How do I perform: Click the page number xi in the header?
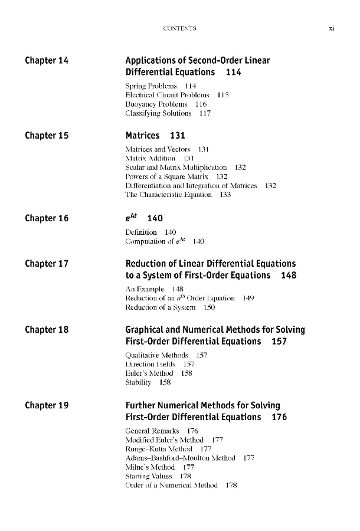[x=332, y=28]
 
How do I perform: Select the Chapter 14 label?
[x=47, y=60]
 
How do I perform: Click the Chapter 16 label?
[x=47, y=218]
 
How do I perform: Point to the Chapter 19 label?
[x=47, y=405]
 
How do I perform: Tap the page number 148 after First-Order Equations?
[x=289, y=276]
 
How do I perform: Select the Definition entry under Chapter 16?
[x=142, y=232]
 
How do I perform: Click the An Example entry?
[x=145, y=290]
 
